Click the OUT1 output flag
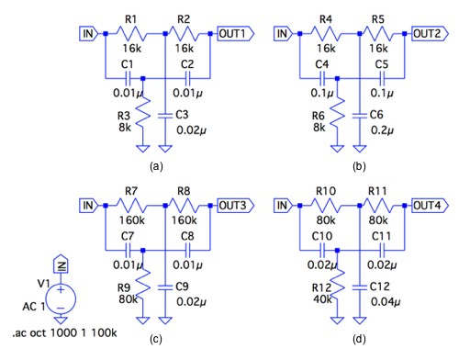(235, 33)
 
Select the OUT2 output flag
(430, 33)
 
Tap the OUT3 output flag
(235, 205)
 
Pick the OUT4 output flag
(430, 205)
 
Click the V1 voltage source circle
(61, 298)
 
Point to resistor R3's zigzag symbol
(143, 112)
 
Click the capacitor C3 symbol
(165, 116)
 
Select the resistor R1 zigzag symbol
(131, 33)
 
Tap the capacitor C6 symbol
(360, 116)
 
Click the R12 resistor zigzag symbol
(337, 284)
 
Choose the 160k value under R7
(132, 220)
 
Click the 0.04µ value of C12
(386, 302)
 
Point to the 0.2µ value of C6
(382, 130)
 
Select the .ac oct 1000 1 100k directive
(64, 332)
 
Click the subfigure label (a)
(156, 166)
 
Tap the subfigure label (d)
(359, 339)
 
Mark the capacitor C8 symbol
(187, 250)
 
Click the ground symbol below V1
(61, 321)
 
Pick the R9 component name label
(124, 287)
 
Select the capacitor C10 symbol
(322, 250)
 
